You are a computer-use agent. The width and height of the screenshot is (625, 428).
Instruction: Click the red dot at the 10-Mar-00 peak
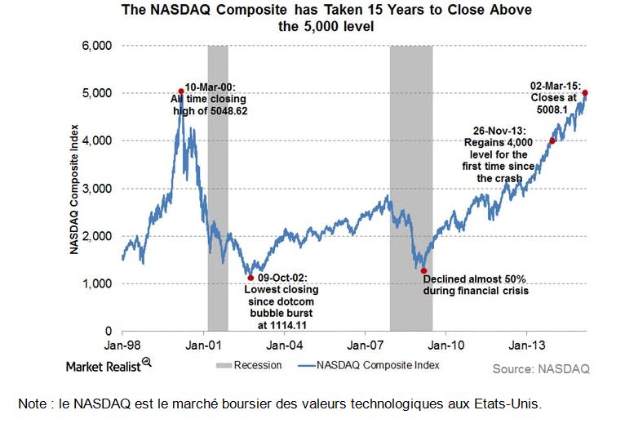[181, 91]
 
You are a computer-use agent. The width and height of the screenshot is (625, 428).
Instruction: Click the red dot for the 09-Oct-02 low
[250, 278]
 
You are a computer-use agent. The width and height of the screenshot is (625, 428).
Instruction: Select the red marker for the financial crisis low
[423, 270]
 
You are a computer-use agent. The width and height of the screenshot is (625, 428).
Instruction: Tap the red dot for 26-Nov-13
[552, 140]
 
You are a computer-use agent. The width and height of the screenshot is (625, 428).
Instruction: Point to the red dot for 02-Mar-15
[585, 93]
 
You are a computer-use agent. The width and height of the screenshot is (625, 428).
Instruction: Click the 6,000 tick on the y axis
[97, 46]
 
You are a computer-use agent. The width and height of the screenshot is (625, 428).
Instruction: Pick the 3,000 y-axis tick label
[97, 189]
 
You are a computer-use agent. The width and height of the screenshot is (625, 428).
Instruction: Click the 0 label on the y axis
[108, 331]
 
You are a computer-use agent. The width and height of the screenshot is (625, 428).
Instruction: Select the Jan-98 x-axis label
[122, 346]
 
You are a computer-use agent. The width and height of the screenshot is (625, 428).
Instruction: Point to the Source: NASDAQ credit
[540, 368]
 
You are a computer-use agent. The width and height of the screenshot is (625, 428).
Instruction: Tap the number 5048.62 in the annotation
[224, 109]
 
